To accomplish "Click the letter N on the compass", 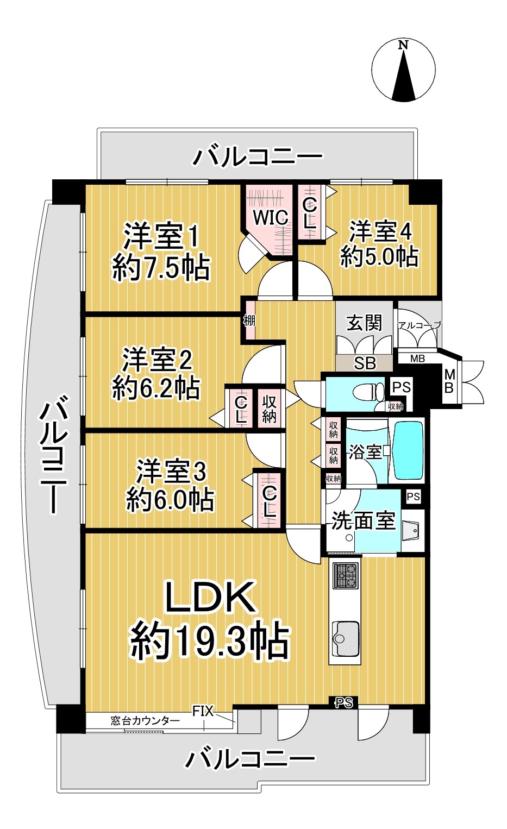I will [403, 45].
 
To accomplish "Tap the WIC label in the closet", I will [270, 217].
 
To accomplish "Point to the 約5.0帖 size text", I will [379, 256].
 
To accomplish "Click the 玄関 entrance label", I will [365, 323].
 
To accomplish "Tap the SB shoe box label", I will [364, 363].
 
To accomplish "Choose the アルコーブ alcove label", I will [419, 325].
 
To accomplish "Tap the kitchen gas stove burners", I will [346, 576].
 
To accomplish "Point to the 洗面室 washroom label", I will [363, 520].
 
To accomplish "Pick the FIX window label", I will [203, 711].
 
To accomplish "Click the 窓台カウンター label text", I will [145, 721].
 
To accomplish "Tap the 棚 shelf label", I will [249, 320].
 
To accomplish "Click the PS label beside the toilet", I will [402, 387].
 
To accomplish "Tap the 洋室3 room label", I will [171, 472].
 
